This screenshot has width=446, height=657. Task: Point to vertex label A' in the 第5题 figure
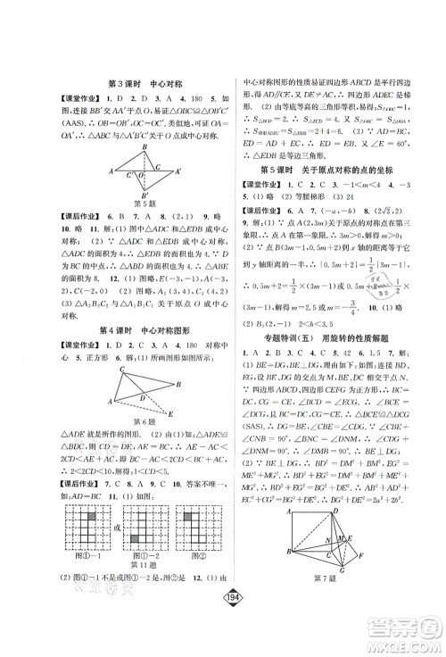tap(179, 170)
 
